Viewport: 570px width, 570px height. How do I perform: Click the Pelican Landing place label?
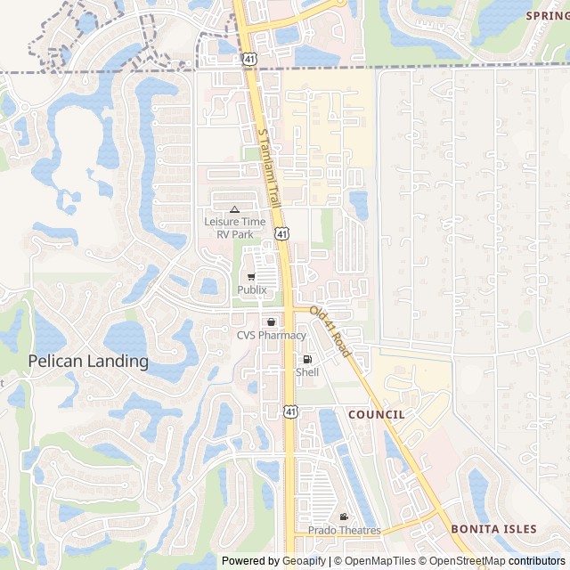coord(88,361)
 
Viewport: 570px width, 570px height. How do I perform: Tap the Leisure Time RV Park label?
coord(234,226)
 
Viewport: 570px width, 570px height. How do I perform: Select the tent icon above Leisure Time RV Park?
coord(234,209)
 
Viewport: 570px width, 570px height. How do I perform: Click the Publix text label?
coord(252,289)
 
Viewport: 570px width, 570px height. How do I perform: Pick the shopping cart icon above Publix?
coord(252,276)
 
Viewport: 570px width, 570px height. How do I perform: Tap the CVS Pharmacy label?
coord(271,335)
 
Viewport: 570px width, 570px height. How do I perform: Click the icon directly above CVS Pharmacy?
coord(271,322)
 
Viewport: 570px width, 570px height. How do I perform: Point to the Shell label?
coord(307,372)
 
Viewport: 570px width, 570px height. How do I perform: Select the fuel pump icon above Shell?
coord(307,359)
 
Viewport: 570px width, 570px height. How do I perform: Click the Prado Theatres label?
coord(344,530)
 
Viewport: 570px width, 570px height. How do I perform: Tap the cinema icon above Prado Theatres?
coord(344,517)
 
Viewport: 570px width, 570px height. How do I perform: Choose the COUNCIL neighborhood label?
coord(376,414)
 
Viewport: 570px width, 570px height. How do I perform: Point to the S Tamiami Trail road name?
coord(269,167)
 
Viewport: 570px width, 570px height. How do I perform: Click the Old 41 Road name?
coord(330,332)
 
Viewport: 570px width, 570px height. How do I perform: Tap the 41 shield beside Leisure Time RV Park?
coord(281,233)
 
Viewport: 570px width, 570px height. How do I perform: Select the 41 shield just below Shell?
coord(290,411)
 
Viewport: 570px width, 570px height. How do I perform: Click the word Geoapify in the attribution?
coord(305,561)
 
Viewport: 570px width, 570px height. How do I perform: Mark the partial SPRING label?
coord(547,15)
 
